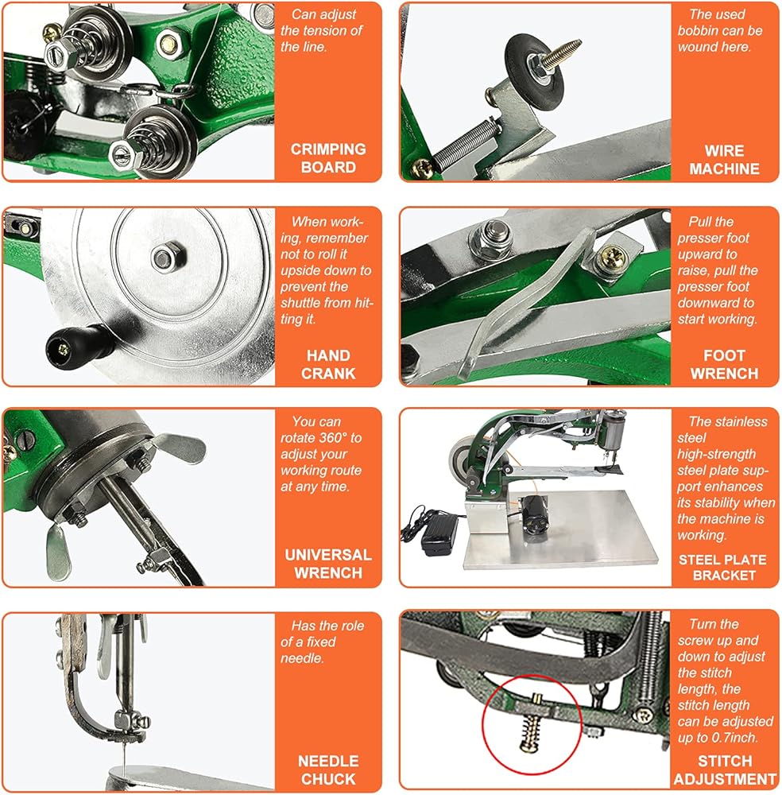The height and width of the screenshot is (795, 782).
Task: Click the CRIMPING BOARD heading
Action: coord(328,158)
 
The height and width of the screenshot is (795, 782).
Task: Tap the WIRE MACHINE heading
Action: coord(724,160)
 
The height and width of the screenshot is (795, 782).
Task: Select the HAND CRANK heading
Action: coord(328,365)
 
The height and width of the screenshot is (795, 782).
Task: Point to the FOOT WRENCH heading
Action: coord(724,365)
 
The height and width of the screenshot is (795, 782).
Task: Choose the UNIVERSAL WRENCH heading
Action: coord(328,564)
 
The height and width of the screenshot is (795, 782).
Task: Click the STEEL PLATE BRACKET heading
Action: coord(722,568)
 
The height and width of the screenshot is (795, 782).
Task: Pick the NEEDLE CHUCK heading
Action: coord(328,770)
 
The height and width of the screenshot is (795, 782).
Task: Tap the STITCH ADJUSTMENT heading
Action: coord(725,770)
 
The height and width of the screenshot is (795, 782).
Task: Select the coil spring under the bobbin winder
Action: coord(461,142)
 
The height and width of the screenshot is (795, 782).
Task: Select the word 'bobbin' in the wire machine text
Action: coord(695,30)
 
